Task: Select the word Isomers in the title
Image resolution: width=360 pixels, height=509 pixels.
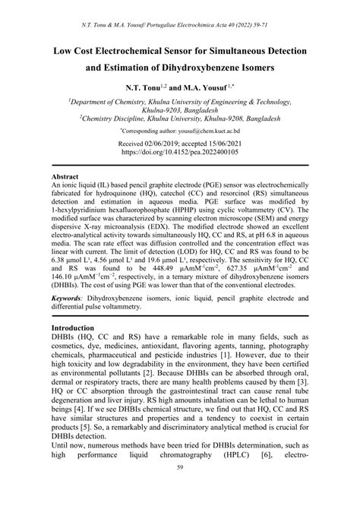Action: [x=261, y=68]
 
